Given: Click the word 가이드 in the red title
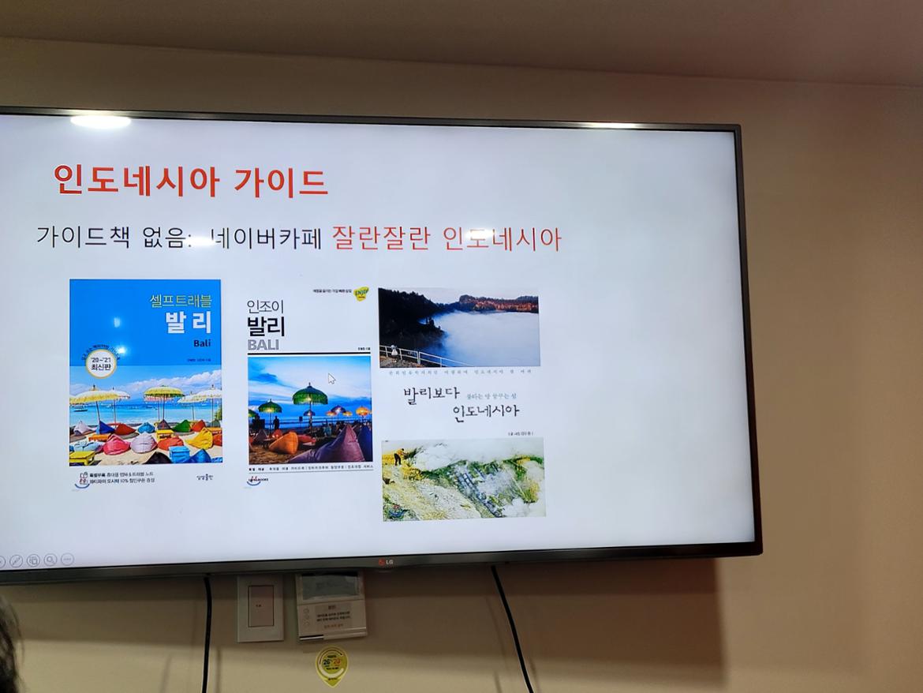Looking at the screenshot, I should tap(281, 182).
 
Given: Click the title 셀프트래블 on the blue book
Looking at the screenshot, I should tap(181, 301).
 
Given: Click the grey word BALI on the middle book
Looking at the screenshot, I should tap(263, 345).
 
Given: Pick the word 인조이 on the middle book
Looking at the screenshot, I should tap(265, 305).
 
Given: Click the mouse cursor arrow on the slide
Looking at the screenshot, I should tap(332, 378).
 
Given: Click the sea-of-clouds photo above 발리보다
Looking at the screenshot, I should tap(458, 327).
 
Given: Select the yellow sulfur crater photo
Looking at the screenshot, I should tap(463, 478).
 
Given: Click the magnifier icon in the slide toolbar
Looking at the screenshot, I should tap(50, 560).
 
